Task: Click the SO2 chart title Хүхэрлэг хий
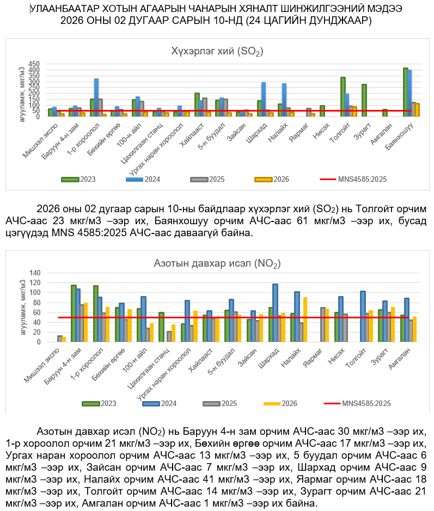[217, 52]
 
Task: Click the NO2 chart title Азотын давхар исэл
[217, 264]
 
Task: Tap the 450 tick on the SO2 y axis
[34, 64]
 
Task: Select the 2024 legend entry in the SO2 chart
[148, 179]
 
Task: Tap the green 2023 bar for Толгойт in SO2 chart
[343, 96]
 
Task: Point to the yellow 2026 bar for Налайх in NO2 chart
[305, 319]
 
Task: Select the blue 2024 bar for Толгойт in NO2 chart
[363, 316]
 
